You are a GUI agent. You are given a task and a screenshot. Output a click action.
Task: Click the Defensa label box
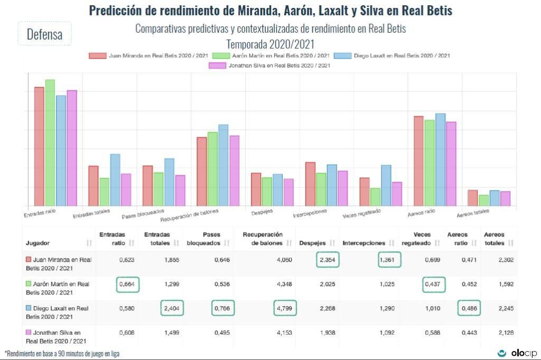click(44, 34)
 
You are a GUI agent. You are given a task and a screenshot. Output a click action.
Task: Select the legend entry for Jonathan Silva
click(270, 65)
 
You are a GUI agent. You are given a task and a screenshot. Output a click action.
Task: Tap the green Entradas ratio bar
click(50, 143)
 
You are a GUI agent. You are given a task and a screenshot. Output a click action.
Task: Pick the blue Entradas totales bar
click(115, 179)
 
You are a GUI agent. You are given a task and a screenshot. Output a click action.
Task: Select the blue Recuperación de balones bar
click(223, 165)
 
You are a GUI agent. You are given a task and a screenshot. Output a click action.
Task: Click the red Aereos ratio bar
click(418, 160)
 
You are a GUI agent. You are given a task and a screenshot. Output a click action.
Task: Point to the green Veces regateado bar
click(375, 197)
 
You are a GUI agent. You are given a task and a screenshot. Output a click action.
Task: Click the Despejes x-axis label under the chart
click(262, 212)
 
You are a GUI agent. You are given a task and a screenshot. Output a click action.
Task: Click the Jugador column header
click(38, 243)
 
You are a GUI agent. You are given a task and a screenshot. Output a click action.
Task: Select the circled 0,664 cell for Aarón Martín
click(127, 285)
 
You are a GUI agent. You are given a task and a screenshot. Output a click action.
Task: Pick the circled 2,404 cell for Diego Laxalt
click(172, 308)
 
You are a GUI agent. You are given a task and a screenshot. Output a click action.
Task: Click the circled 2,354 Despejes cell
click(328, 260)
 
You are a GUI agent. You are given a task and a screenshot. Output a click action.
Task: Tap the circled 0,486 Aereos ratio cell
click(469, 308)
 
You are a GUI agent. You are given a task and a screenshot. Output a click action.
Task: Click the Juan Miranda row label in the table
click(58, 263)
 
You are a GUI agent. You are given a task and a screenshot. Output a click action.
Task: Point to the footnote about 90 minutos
click(62, 353)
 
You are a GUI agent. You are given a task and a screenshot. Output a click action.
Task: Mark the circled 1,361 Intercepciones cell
click(390, 260)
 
